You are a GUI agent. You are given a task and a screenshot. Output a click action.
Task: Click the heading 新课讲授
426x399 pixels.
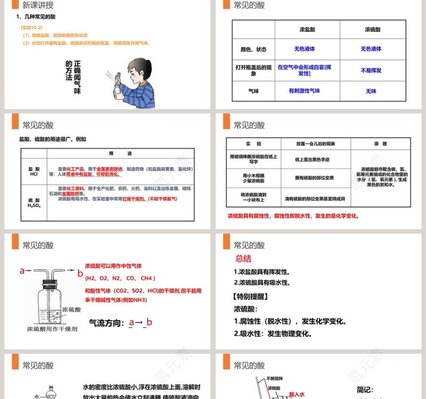pos(38,6)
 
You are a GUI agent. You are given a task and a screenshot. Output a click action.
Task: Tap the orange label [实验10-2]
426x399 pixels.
pos(31,27)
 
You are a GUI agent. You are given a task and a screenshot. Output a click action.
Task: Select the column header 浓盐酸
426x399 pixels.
pos(307,29)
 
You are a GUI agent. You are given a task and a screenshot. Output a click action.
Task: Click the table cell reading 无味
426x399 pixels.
pos(371,91)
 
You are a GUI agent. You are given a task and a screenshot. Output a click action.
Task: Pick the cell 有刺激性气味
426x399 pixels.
pos(304,91)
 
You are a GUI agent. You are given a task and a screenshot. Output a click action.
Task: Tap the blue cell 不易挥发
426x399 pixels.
pos(371,70)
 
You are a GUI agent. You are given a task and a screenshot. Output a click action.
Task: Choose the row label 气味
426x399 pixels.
pos(253,91)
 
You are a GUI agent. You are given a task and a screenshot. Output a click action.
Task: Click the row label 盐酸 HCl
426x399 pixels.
pos(34,171)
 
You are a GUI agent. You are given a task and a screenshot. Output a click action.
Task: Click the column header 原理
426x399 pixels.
pos(380,144)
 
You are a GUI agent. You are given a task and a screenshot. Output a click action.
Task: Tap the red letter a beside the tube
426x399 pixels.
pos(22,271)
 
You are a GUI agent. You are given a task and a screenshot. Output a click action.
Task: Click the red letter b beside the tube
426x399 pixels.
pos(80,273)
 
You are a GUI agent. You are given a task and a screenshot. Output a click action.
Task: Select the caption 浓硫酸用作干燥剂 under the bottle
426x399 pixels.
pos(52,329)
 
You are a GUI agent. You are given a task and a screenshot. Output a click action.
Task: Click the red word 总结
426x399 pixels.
pos(243,259)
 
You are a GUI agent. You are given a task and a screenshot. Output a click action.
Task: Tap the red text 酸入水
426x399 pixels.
pos(297,393)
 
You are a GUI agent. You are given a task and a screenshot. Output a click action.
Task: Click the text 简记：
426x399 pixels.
pos(365,390)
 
